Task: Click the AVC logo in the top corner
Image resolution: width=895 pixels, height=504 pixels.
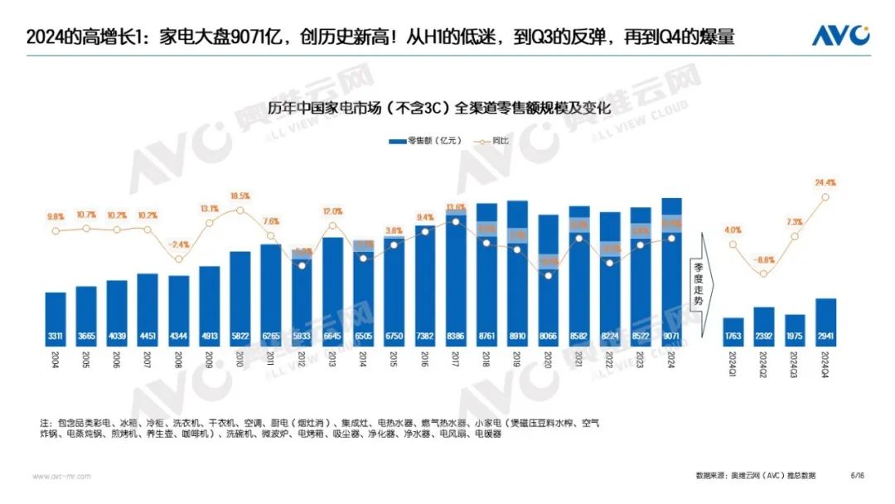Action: point(839,36)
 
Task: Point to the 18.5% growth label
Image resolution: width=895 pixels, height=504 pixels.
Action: point(240,196)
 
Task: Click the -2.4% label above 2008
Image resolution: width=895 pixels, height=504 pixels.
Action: point(179,245)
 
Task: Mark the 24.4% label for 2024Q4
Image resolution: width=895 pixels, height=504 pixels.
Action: point(825,182)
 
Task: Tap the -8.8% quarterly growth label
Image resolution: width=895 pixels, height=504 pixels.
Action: point(764,259)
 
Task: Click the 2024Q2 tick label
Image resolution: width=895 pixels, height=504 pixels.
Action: point(764,366)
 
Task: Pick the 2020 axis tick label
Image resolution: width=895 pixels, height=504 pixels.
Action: point(548,361)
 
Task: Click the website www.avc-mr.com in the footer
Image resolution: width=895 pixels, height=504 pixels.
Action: point(62,476)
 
